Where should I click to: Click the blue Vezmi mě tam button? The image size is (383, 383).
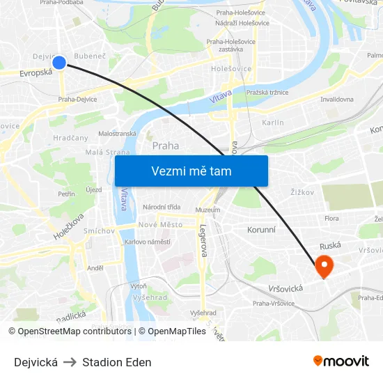(191, 171)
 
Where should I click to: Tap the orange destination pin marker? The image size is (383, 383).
(324, 265)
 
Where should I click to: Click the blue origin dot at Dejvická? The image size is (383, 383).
(59, 63)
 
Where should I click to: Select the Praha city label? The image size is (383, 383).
(166, 146)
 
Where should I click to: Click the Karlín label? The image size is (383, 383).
(272, 123)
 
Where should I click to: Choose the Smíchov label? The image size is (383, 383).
(99, 230)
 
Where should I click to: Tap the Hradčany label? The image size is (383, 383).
(71, 138)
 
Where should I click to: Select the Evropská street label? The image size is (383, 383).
(36, 72)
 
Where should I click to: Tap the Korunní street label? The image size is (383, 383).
(263, 229)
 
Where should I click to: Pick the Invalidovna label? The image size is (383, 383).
(337, 100)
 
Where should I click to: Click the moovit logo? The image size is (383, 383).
(341, 361)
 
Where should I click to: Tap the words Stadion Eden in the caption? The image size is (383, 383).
(117, 362)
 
